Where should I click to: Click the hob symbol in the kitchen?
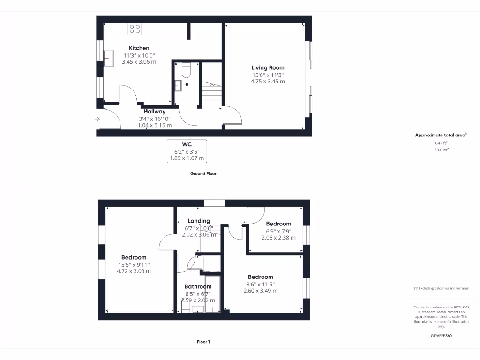135,29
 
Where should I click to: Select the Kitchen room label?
139,48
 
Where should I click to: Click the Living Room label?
268,67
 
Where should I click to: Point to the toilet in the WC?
185,70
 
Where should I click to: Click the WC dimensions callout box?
187,151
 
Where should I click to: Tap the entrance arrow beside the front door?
97,120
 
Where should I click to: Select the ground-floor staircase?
212,94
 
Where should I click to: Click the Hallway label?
155,112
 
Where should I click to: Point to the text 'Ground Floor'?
203,173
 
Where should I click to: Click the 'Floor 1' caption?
203,342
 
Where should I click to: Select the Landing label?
199,221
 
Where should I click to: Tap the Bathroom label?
198,286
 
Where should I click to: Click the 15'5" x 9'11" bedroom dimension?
134,264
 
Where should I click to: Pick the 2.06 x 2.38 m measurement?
278,238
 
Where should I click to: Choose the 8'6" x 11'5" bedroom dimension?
260,284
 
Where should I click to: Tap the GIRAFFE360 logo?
441,336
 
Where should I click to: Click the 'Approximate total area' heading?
441,135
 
